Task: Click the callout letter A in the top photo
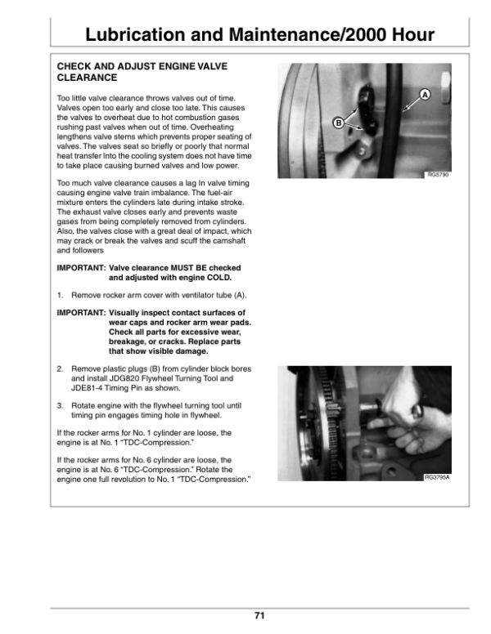pos(425,96)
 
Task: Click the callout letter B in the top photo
pos(338,123)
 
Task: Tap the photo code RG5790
pos(439,175)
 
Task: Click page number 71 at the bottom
pos(259,616)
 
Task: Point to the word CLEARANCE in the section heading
pos(86,78)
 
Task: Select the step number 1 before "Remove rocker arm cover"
pos(60,294)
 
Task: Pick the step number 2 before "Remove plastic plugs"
pos(60,368)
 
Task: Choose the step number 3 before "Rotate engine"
pos(60,404)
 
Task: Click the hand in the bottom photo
pos(409,425)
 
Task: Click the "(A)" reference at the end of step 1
pos(240,294)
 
